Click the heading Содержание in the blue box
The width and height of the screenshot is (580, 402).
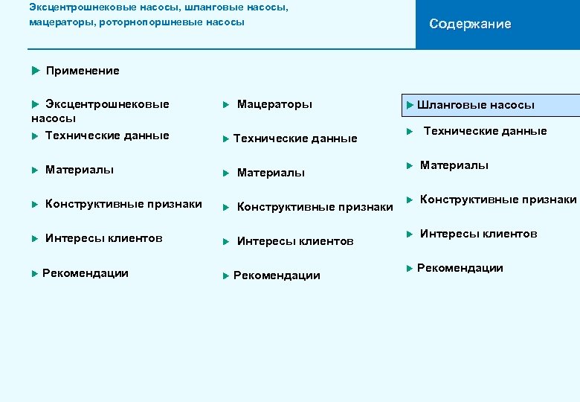coord(470,24)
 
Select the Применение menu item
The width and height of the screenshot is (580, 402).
coord(82,71)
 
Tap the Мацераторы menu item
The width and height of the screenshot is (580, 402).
coord(274,104)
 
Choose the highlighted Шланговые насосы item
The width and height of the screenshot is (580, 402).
coord(475,105)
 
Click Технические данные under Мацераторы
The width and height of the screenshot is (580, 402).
coord(294,138)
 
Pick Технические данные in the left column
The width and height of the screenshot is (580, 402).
coord(107,135)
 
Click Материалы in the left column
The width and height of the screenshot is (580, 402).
coord(80,170)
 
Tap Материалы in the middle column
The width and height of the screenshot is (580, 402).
coord(271,173)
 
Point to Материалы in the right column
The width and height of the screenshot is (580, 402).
coord(454,165)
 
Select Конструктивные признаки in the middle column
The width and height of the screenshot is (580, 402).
coord(315,207)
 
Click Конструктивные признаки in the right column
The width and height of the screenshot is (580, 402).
coord(497,200)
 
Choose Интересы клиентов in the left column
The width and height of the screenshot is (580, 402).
coord(103,238)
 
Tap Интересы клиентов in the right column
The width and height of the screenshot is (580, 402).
coord(478,234)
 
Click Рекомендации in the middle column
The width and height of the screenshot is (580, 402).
coord(277,275)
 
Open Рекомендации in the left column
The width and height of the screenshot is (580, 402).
coord(85,273)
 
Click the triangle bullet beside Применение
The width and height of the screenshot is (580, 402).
coord(35,71)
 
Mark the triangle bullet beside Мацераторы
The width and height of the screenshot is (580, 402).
coord(227,105)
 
